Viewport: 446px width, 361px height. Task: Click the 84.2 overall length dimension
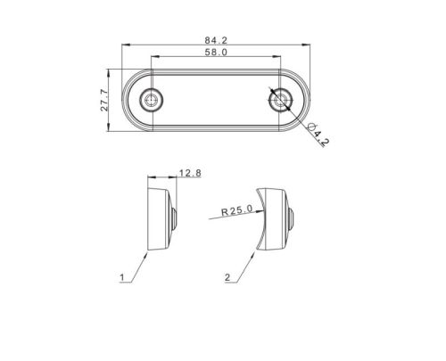pyautogui.click(x=216, y=40)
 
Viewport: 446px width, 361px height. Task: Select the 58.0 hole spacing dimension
pyautogui.click(x=216, y=53)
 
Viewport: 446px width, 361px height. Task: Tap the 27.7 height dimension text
pyautogui.click(x=104, y=100)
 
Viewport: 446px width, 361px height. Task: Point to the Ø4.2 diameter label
pyautogui.click(x=318, y=135)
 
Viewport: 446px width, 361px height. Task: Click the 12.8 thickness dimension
pyautogui.click(x=190, y=173)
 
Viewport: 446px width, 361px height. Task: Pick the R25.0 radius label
pyautogui.click(x=236, y=210)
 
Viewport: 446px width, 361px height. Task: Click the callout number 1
pyautogui.click(x=122, y=277)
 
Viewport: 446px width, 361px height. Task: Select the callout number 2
pyautogui.click(x=227, y=277)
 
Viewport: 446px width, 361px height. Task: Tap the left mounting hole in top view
pyautogui.click(x=152, y=100)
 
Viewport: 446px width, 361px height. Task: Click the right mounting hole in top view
pyautogui.click(x=279, y=100)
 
